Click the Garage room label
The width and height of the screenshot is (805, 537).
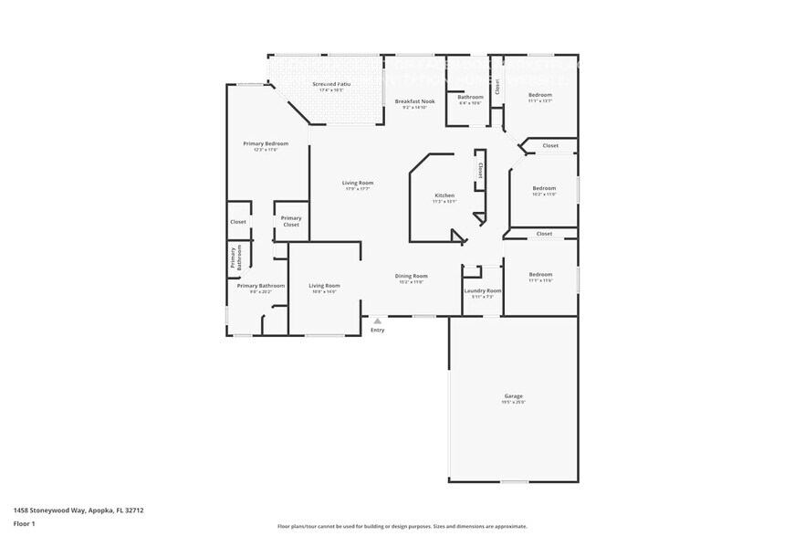point(514,395)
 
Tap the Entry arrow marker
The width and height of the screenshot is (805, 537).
point(377,321)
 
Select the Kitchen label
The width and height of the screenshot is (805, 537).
point(444,195)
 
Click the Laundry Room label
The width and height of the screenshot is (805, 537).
point(483,290)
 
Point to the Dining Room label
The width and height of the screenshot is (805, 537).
point(412,276)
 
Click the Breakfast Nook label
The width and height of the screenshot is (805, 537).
point(414,101)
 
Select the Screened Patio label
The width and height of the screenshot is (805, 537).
point(331,84)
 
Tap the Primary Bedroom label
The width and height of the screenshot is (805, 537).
point(266,143)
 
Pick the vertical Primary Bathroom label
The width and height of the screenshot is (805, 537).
point(235,258)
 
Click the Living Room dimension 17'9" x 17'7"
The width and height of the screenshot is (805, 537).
point(358,189)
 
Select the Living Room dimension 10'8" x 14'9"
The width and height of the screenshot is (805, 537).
point(324,291)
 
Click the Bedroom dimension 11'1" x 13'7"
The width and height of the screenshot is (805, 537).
point(540,101)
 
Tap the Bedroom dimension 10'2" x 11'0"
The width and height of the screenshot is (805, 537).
point(544,195)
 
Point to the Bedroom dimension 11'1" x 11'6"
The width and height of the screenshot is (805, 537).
point(540,280)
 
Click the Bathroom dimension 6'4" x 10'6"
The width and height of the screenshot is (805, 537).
point(470,103)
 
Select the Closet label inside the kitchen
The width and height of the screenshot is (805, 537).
point(480,171)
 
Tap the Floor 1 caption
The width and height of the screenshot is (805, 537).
point(24,523)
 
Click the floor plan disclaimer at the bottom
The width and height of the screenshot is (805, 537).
point(402,526)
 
